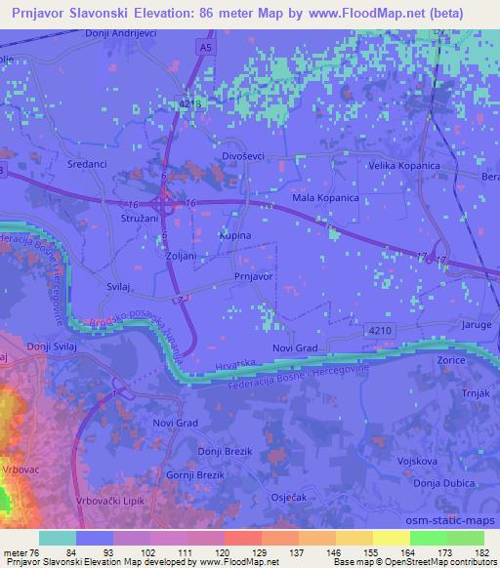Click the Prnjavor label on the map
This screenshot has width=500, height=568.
[x=253, y=277]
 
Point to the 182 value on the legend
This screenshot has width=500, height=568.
[x=483, y=551]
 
